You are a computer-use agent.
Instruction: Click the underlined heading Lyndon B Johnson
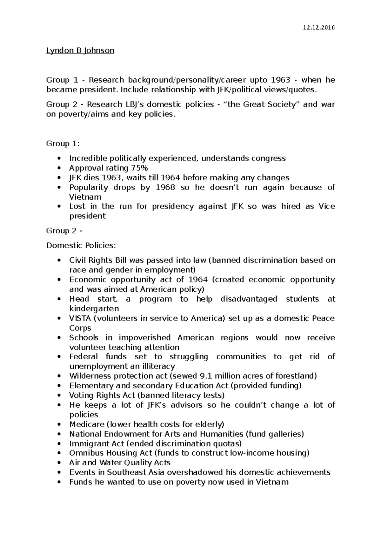[x=80, y=50]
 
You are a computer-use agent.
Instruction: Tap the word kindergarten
[x=94, y=309]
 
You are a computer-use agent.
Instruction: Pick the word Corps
[x=80, y=328]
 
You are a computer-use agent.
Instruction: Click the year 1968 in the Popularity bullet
[x=165, y=187]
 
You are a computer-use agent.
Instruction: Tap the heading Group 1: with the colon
[x=63, y=144]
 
